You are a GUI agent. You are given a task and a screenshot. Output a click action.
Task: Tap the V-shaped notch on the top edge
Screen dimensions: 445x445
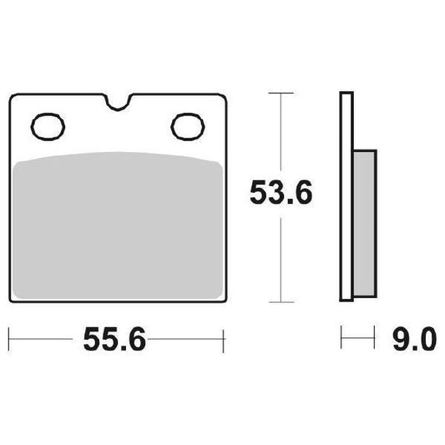coord(119,104)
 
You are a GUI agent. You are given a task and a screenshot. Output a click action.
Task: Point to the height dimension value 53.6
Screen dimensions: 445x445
coord(281,194)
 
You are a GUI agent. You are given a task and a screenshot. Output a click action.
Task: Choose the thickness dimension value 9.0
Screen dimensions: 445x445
coord(412,341)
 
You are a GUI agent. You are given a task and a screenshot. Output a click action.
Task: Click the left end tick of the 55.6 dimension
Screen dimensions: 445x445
coord(9,341)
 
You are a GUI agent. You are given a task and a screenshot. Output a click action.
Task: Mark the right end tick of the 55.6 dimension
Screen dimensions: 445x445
coord(225,341)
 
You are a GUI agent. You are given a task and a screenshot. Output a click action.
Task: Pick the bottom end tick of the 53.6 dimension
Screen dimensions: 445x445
coord(281,301)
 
